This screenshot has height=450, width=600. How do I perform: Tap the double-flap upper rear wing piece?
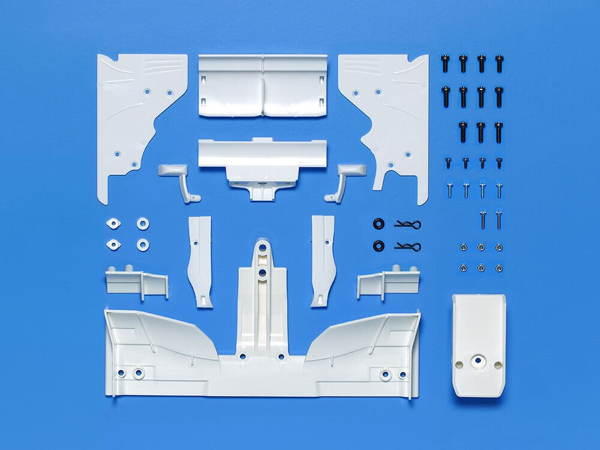point(262,85)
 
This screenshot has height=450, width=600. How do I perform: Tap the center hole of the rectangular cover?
point(478,361)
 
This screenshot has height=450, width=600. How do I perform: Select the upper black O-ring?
point(378,224)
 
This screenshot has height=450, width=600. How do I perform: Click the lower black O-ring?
point(378,245)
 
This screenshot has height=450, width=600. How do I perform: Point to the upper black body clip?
point(408,224)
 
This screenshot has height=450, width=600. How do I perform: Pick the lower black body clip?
point(408,246)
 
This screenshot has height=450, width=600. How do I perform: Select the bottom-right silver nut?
point(499,268)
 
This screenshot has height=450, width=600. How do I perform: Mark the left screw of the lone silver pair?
point(482,219)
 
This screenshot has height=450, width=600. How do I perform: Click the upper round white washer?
point(143,223)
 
